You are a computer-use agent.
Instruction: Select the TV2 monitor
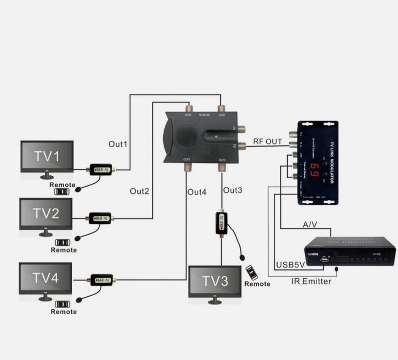coord(46,214)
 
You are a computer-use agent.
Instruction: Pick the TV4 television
coord(45,278)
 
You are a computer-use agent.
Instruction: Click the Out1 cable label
coord(118,144)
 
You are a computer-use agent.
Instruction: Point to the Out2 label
coord(139,191)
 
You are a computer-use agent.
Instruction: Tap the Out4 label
coord(197,192)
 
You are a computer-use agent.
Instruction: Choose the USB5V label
coord(289,265)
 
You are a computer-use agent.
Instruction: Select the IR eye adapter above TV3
coord(221,223)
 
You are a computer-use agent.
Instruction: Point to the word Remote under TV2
coord(63,250)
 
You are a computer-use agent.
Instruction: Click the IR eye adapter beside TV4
coord(101,280)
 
